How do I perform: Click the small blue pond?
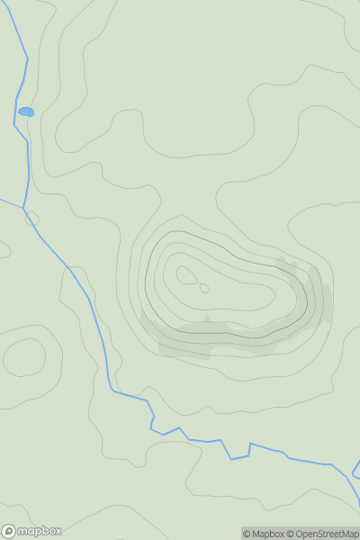coord(26,112)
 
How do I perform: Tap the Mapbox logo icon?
coord(9,531)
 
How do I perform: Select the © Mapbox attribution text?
coord(263,534)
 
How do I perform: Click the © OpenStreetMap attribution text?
coord(322,534)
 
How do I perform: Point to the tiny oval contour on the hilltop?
coord(204,288)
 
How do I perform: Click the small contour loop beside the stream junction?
coord(33,218)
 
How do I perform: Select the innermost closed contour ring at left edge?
coord(24,357)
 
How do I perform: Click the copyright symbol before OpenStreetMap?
coord(291,534)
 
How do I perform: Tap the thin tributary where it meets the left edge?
coord(2,200)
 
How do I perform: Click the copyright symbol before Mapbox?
coord(246,534)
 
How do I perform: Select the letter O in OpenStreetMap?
coord(300,534)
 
